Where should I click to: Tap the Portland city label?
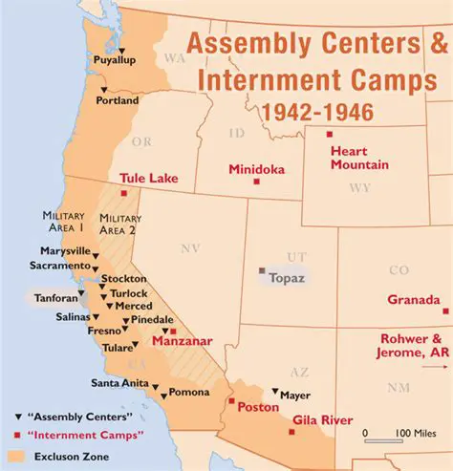[117, 100]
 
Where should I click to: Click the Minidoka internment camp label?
[257, 170]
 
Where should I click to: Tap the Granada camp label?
[413, 299]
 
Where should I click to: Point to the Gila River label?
[324, 420]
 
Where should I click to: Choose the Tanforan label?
[58, 296]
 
